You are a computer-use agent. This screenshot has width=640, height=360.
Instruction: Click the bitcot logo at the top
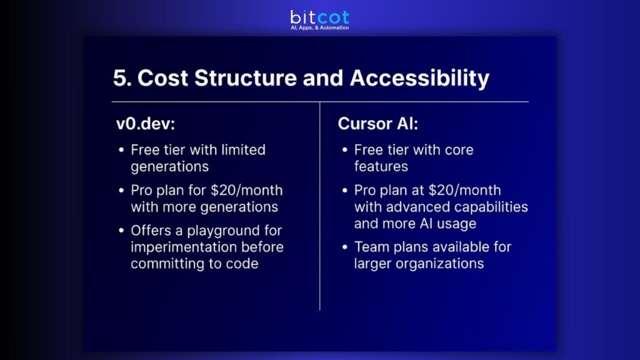tap(319, 17)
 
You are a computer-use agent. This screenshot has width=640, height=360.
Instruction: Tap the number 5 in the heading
tap(120, 79)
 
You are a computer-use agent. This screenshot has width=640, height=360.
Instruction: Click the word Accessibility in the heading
tap(419, 79)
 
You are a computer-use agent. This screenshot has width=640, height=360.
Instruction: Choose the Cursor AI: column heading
tap(378, 124)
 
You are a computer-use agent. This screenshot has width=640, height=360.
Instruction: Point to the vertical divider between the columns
tap(320, 206)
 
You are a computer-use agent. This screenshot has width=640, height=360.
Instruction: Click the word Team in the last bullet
tap(371, 247)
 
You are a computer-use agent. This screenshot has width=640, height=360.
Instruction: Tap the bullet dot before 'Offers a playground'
tap(121, 231)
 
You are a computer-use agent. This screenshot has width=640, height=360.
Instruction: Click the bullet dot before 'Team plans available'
tap(344, 247)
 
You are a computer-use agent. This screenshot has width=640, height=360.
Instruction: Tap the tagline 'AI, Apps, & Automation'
tap(319, 28)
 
